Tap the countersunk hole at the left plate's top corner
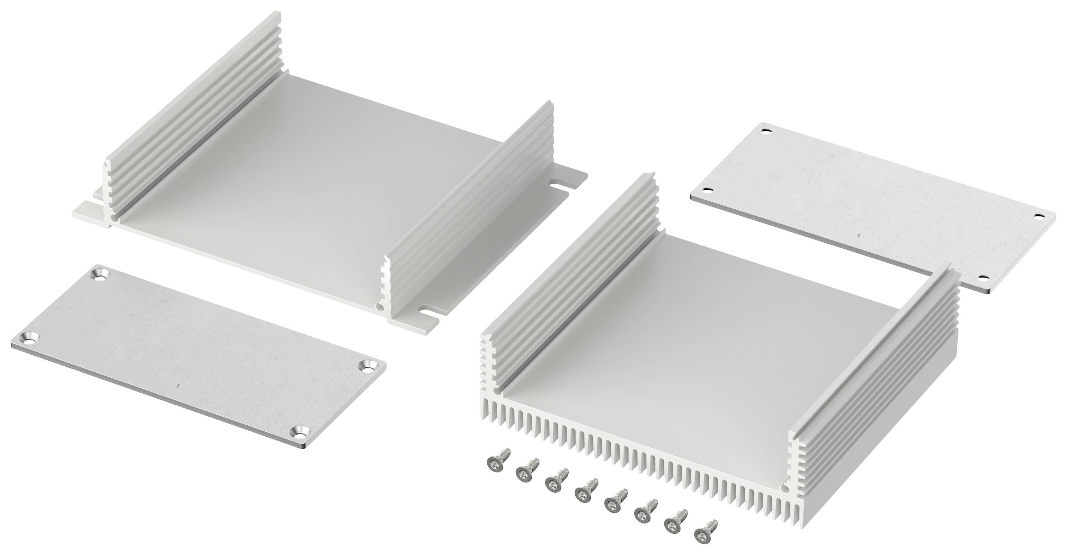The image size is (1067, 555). click(x=101, y=274)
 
